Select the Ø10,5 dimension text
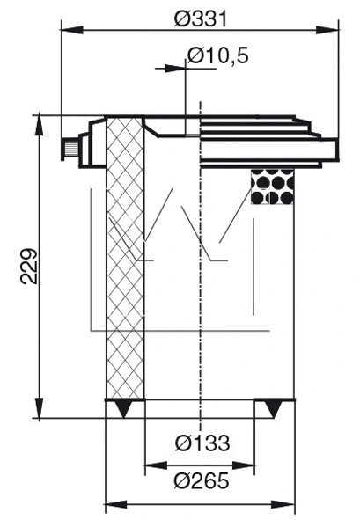tap(217, 56)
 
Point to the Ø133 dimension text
tap(202, 443)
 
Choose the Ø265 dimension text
tap(202, 481)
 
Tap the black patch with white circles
tap(273, 186)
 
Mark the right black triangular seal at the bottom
tap(274, 408)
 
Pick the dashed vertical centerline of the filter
tap(202, 264)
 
